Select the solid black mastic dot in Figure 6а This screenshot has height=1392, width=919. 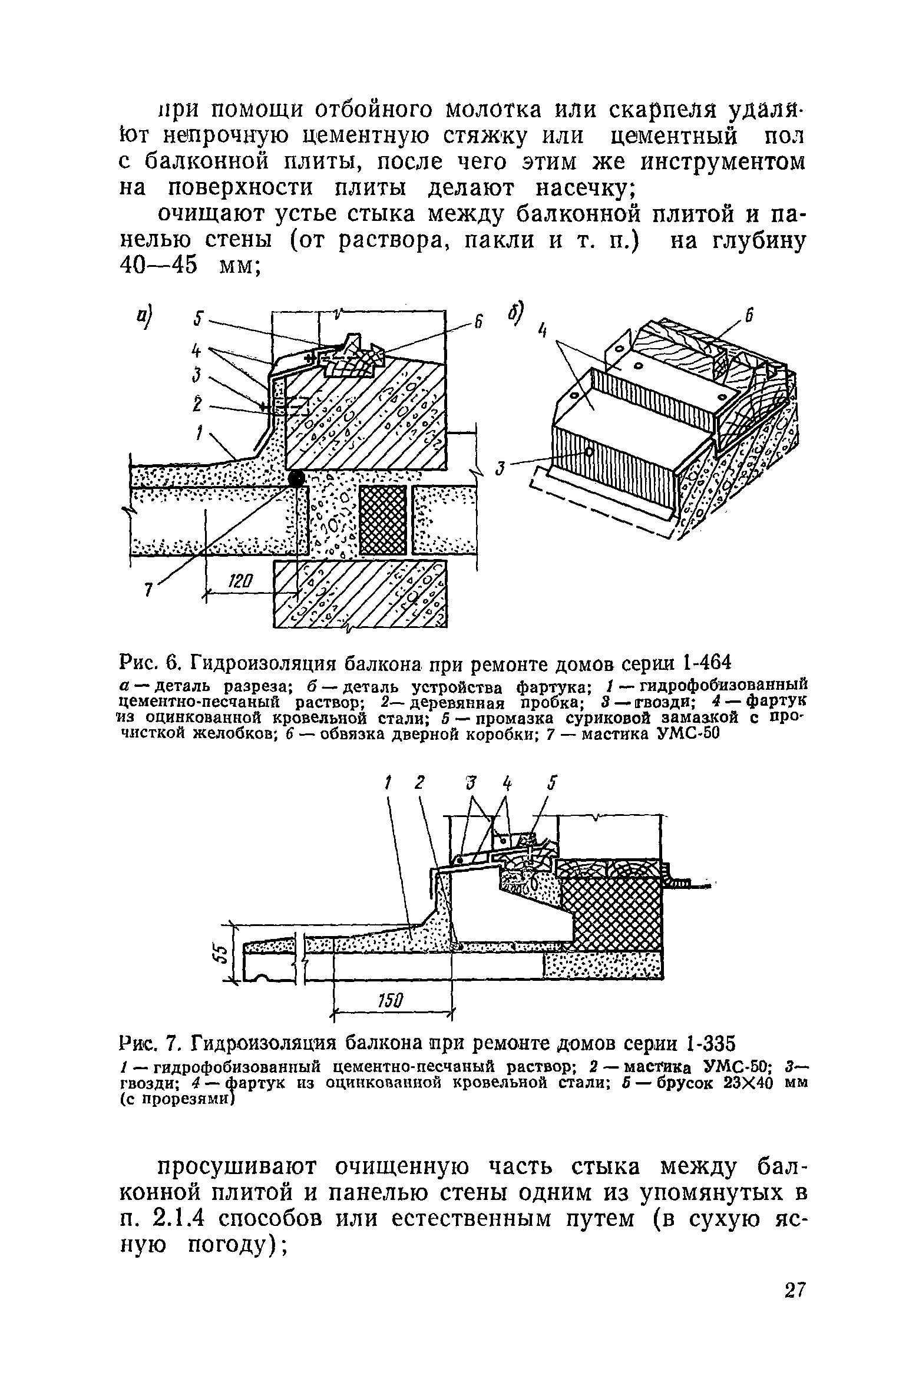point(296,478)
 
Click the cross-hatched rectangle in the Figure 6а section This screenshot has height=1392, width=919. point(382,520)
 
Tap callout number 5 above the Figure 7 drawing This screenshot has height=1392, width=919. point(551,782)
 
